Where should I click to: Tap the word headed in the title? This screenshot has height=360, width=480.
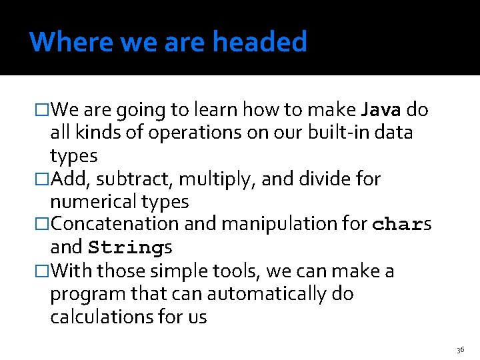pos(260,42)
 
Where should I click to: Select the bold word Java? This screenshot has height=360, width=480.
pos(381,109)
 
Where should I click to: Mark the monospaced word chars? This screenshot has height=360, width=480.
pos(402,225)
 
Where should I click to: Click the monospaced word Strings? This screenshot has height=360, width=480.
pos(131,248)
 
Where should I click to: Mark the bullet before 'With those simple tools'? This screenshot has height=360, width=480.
pos(42,271)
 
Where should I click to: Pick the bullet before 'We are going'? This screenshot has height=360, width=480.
pos(42,109)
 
